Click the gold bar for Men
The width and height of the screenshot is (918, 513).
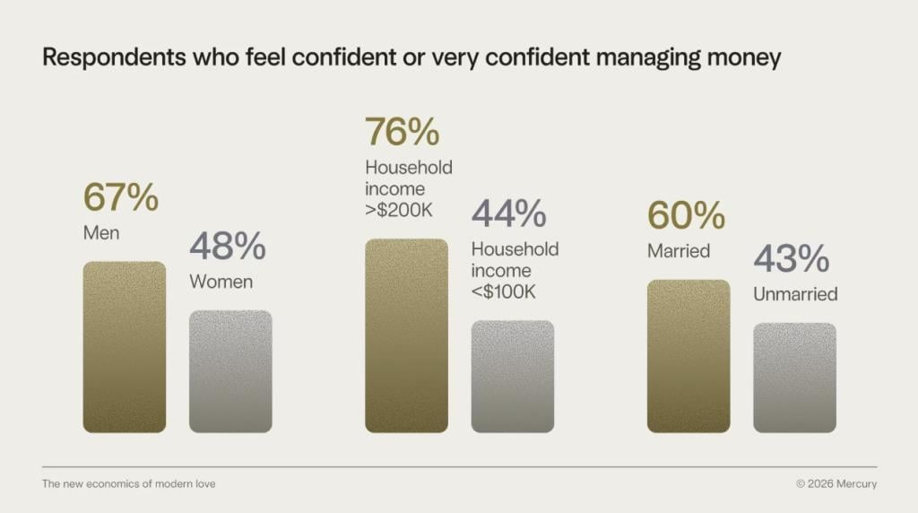coord(125,347)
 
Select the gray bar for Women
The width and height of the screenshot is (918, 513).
coord(230,371)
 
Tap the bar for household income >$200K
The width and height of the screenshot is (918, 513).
coord(406,335)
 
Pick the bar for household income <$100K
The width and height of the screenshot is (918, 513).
coord(513,377)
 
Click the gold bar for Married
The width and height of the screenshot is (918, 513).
coord(688,356)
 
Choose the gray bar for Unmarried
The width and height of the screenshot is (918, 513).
coord(794,378)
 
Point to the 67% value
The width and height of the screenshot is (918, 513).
coord(121,197)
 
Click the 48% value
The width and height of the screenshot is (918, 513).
coord(228,247)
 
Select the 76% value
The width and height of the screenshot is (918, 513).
coord(403,132)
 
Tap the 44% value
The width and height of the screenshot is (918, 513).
coord(509,214)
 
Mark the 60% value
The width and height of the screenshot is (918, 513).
coord(686,216)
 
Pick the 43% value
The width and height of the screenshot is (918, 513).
coord(792,259)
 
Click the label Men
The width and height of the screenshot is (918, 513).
coord(100,233)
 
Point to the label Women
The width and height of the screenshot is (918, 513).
coord(221,282)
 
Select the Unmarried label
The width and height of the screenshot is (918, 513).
coord(795,294)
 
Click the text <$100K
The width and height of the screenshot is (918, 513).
coord(507,292)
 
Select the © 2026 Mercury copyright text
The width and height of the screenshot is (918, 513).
coord(836,484)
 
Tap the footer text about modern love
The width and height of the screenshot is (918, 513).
coord(129,484)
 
